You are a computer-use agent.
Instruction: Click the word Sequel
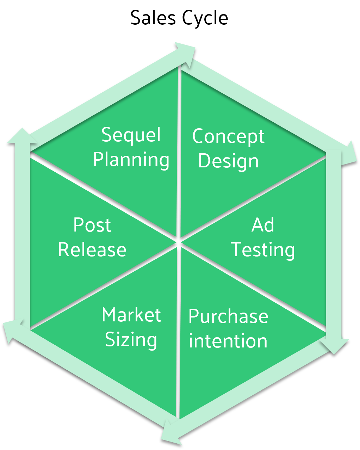coord(131,135)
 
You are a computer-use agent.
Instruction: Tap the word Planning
coord(131,160)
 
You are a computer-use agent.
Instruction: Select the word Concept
coord(228,137)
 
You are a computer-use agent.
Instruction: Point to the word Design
coord(228,161)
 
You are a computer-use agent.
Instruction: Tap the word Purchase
coord(228,316)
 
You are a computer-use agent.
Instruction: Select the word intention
coord(228,341)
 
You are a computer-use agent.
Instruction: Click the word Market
coord(131,315)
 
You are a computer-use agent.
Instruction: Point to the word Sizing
coord(131,340)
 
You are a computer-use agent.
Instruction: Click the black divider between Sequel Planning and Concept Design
coord(179,148)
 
